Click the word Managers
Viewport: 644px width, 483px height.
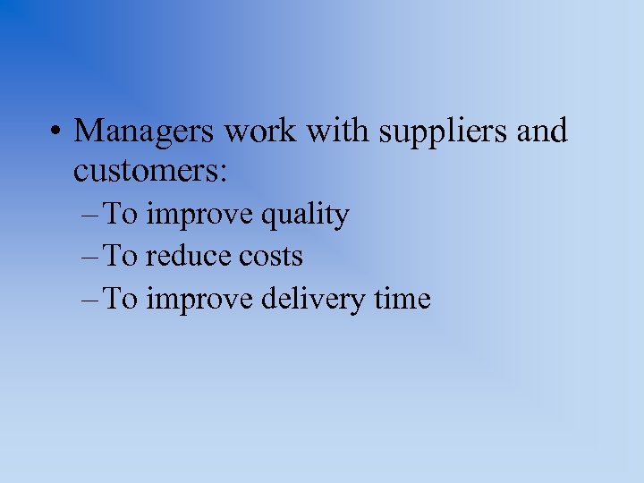click(145, 131)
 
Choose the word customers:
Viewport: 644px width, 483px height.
click(150, 170)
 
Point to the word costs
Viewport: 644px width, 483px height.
click(271, 257)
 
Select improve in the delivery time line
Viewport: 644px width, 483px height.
click(199, 300)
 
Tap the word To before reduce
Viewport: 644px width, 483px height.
click(121, 257)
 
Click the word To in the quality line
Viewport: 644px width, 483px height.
click(121, 215)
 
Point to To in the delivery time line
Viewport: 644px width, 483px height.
click(121, 299)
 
